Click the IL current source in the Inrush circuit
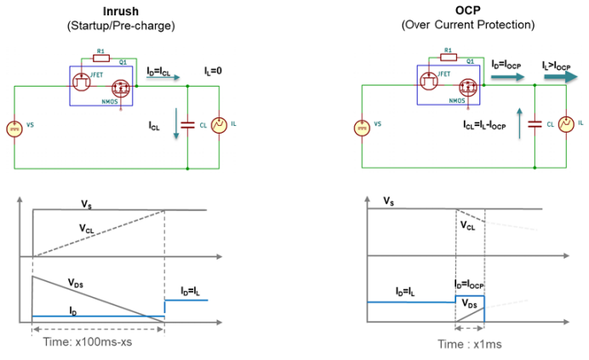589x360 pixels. click(218, 125)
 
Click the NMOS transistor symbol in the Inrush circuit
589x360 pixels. click(119, 88)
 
